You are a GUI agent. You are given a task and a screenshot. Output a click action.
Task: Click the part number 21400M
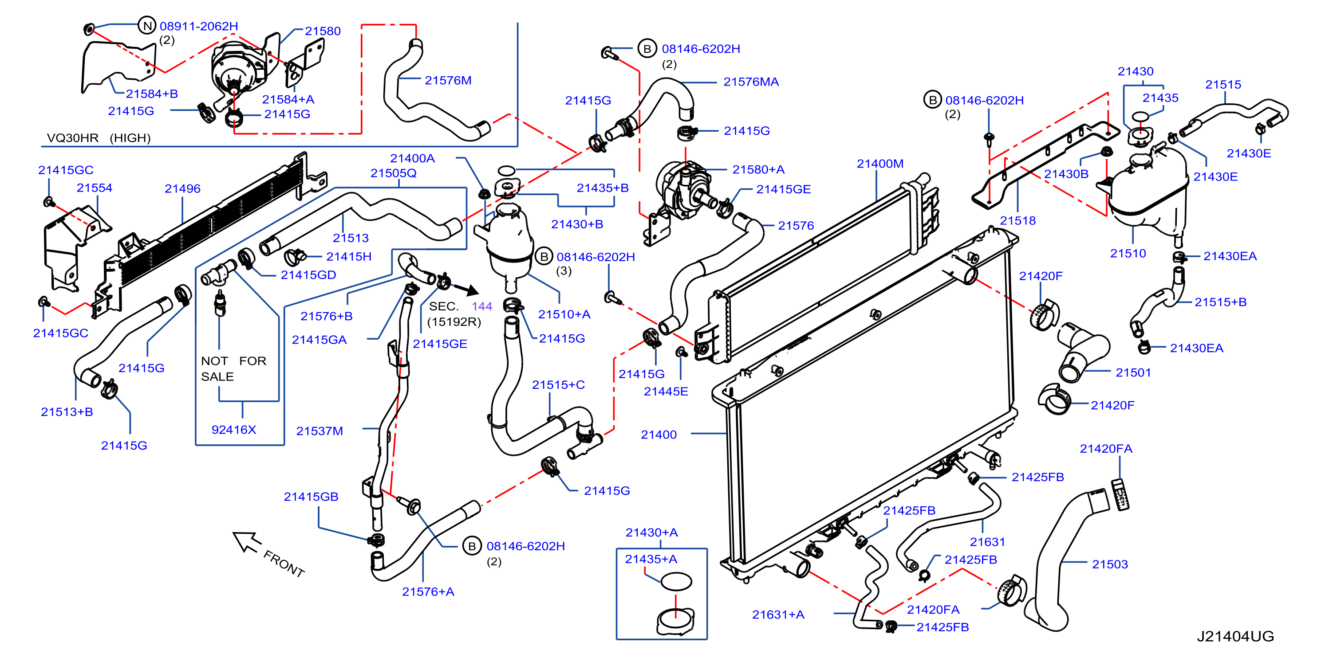tap(879, 164)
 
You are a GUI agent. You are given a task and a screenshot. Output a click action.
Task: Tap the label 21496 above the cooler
tap(183, 188)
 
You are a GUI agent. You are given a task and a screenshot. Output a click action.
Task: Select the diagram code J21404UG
tap(1235, 636)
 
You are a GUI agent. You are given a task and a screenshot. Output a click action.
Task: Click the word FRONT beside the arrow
tap(284, 564)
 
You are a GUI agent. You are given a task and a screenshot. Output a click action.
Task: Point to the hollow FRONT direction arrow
tap(246, 542)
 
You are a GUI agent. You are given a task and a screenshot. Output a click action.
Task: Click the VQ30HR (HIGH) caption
tap(99, 138)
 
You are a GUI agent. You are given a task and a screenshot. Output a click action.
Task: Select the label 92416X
tap(233, 430)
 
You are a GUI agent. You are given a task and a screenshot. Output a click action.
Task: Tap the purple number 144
tap(482, 306)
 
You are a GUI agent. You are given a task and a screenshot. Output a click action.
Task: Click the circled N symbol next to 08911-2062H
tap(147, 25)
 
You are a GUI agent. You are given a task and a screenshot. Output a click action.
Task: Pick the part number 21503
tap(1109, 564)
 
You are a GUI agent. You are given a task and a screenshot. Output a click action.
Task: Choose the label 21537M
tap(319, 431)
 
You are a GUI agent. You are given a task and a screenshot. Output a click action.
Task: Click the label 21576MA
tap(751, 82)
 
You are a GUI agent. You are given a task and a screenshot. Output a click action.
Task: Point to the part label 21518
tap(1017, 220)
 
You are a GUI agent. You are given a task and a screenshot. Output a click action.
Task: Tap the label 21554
tap(95, 188)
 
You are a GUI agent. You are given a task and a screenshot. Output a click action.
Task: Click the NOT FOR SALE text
tap(233, 368)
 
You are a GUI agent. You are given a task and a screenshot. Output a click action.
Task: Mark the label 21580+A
tap(758, 170)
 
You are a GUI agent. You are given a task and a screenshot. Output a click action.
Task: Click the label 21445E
tap(666, 391)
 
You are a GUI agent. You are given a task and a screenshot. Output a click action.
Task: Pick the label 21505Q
tap(394, 173)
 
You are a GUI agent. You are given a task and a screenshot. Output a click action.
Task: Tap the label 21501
tap(1133, 373)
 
